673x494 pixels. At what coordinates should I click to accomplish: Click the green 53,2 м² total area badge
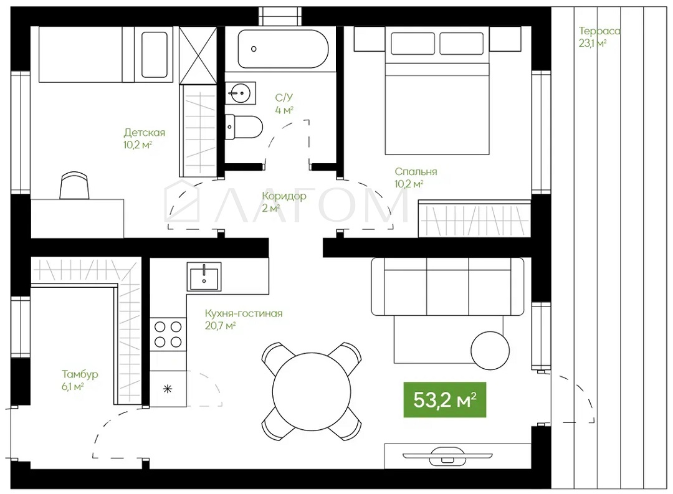[445, 399]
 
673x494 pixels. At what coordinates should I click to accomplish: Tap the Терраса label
[599, 31]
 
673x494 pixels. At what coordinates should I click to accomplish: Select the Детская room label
[144, 132]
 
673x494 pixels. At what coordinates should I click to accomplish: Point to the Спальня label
[416, 172]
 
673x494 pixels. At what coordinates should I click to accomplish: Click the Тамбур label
[80, 374]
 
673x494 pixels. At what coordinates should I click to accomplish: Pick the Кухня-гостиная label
[244, 313]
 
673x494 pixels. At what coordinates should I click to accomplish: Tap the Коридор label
[284, 196]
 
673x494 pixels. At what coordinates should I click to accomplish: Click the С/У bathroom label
[284, 98]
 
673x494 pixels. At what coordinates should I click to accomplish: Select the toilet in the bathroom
[244, 127]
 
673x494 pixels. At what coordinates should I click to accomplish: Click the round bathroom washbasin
[240, 93]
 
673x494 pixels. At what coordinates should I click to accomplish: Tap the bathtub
[284, 49]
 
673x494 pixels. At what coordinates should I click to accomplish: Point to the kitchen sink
[204, 277]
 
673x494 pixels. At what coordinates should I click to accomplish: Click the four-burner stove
[168, 335]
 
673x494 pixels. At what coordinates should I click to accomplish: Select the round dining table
[312, 391]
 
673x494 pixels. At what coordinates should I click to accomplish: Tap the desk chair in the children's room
[75, 186]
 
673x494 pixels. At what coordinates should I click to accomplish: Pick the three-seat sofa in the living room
[447, 287]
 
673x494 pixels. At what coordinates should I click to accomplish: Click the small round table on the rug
[490, 350]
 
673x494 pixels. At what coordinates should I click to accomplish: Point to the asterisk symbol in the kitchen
[168, 389]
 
